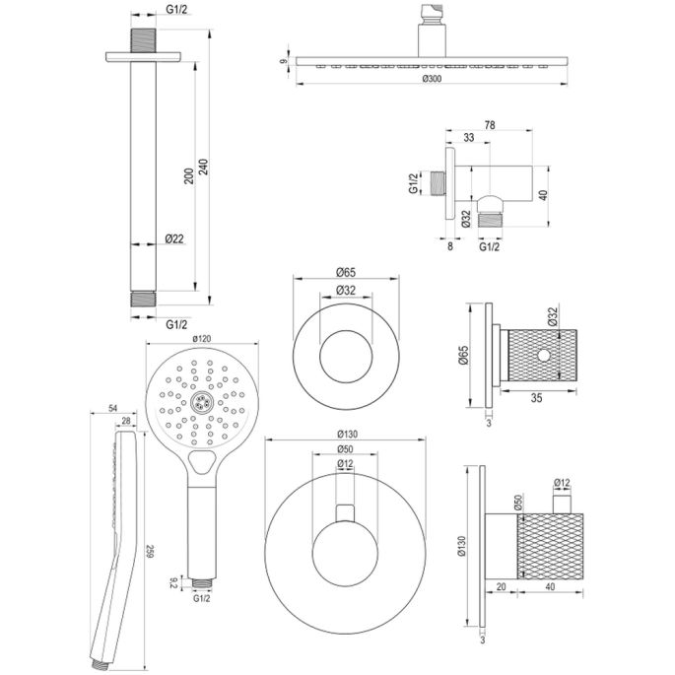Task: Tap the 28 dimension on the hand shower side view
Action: (x=126, y=420)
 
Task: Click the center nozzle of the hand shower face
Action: (x=200, y=400)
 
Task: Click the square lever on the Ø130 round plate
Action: (x=344, y=510)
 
